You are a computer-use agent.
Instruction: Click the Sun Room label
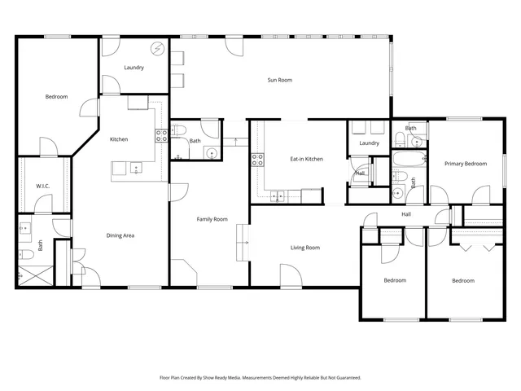click(x=280, y=80)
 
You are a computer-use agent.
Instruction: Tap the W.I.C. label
click(x=42, y=187)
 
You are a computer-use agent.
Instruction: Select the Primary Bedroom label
click(x=466, y=164)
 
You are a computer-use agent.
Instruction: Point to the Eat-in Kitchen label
click(x=307, y=159)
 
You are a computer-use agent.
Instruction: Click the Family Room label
click(x=212, y=219)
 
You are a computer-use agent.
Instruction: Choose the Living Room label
click(x=305, y=248)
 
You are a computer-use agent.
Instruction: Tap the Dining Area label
click(x=120, y=235)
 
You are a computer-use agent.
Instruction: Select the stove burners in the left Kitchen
click(x=161, y=134)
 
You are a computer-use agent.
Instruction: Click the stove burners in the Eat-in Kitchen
click(x=257, y=159)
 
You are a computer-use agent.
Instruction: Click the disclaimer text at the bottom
click(x=260, y=378)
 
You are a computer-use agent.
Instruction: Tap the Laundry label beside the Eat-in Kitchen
click(x=369, y=143)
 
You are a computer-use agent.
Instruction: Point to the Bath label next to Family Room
click(x=195, y=141)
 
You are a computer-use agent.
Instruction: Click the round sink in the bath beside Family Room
click(x=211, y=152)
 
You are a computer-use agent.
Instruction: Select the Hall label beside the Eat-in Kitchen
click(x=360, y=173)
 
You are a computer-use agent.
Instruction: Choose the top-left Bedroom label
click(x=56, y=97)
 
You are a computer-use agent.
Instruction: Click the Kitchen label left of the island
click(x=119, y=139)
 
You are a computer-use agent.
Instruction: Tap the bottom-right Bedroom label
click(x=463, y=281)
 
